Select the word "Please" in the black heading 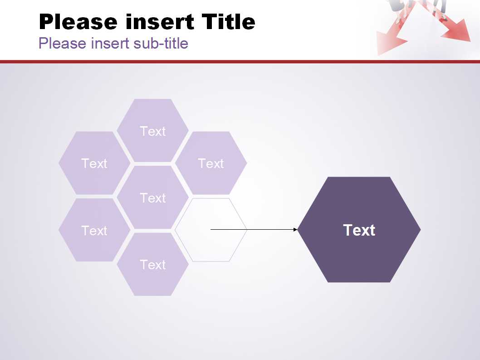pyautogui.click(x=78, y=22)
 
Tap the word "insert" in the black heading pyautogui.click(x=160, y=22)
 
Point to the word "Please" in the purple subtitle pyautogui.click(x=63, y=43)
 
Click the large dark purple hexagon pyautogui.click(x=359, y=229)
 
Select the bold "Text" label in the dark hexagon pyautogui.click(x=359, y=230)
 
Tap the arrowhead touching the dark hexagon pyautogui.click(x=295, y=229)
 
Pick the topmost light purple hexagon pyautogui.click(x=152, y=131)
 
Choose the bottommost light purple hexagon pyautogui.click(x=152, y=264)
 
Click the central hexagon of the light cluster pyautogui.click(x=152, y=197)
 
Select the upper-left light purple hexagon pyautogui.click(x=94, y=163)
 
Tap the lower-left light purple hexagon pyautogui.click(x=94, y=230)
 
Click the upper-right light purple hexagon pyautogui.click(x=211, y=163)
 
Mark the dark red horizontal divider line pyautogui.click(x=240, y=62)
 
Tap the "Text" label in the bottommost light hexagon pyautogui.click(x=152, y=265)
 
